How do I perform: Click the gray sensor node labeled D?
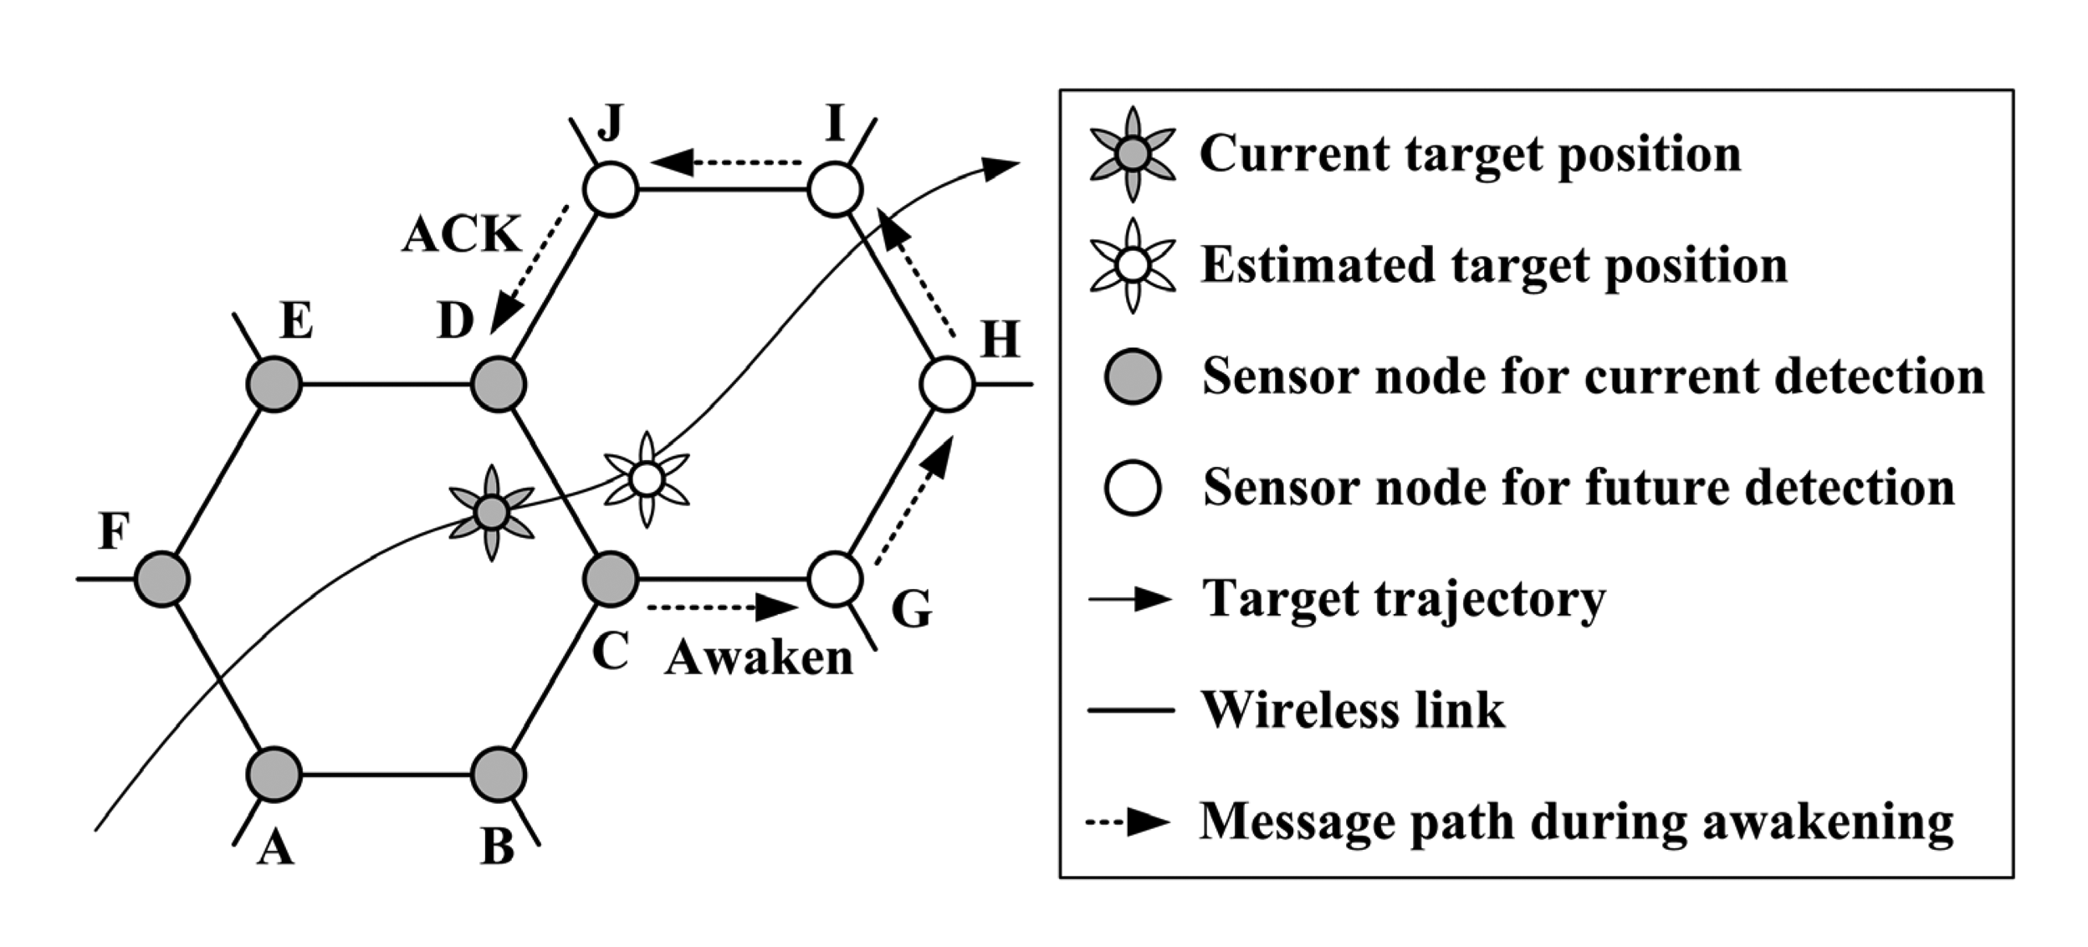(x=499, y=385)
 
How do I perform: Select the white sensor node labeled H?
(x=946, y=385)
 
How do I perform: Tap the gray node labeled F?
(x=162, y=579)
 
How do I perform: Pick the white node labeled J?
(x=610, y=190)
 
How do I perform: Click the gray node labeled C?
(x=610, y=579)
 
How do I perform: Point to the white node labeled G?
(x=835, y=579)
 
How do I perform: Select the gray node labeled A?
(x=274, y=775)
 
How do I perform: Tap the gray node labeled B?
(x=499, y=775)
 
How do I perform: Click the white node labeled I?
(x=835, y=190)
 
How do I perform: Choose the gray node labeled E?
(x=274, y=385)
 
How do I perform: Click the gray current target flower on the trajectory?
(x=492, y=512)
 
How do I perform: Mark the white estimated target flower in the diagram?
(x=647, y=479)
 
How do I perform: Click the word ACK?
(x=461, y=234)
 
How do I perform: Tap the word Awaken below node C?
(x=758, y=658)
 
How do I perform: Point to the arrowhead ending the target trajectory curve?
(x=1000, y=167)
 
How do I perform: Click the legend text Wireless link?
(x=1353, y=710)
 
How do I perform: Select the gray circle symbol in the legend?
(x=1132, y=376)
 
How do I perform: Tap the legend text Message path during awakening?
(x=1576, y=822)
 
